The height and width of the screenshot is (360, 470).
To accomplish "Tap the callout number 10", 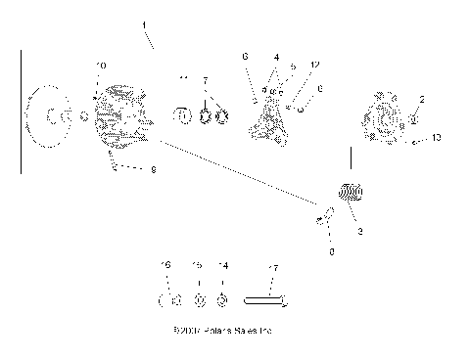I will pos(101,65).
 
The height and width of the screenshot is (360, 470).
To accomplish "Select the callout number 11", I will pos(183,77).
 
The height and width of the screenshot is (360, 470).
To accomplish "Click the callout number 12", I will pos(313,66).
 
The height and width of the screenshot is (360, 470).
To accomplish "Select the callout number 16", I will pos(165,265).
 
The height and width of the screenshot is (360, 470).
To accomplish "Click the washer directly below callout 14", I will pos(222,300).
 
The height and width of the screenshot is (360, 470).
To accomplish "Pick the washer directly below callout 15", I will pos(199,300).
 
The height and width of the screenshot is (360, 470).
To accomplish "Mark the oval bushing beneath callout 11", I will pos(182,117).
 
